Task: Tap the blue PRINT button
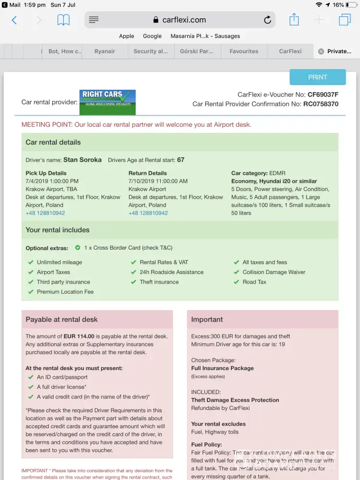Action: pos(317,77)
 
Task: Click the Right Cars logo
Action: pos(108,102)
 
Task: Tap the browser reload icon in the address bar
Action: pos(267,20)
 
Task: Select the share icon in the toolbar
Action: pos(294,20)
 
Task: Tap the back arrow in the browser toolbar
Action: pos(14,20)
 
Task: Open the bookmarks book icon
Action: pos(63,20)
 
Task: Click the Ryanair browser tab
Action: pos(105,51)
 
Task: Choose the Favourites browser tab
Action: pos(244,51)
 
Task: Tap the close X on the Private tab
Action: pos(321,51)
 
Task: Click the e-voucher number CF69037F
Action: pos(323,95)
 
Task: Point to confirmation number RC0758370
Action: pos(321,104)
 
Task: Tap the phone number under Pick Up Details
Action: pos(45,213)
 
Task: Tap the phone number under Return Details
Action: pos(148,213)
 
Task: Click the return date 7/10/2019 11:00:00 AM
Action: pos(158,181)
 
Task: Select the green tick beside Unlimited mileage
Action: pos(31,263)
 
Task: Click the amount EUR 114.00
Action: pos(79,336)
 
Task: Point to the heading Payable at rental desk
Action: pos(61,320)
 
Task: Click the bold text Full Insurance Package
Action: pos(222,368)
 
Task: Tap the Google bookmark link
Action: pos(152,36)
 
